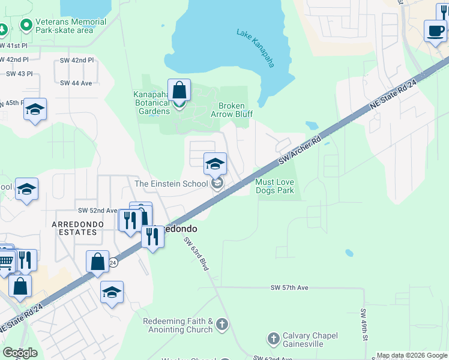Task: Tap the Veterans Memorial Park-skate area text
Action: (71, 26)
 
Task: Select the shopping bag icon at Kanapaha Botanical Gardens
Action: (179, 91)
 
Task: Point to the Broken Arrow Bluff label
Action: (231, 110)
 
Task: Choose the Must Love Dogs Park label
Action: (275, 186)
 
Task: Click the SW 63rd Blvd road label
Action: (196, 253)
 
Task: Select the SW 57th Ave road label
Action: (289, 288)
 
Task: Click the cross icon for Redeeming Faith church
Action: (222, 325)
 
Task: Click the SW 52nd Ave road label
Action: (97, 211)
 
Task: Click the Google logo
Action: (20, 352)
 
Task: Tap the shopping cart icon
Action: (5, 262)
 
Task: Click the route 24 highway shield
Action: (112, 262)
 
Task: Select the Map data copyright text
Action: (412, 355)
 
